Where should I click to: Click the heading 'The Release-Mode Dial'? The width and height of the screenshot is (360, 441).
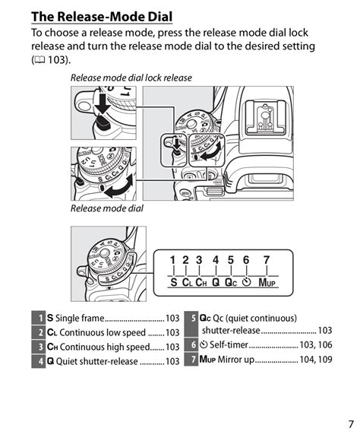pos(102,16)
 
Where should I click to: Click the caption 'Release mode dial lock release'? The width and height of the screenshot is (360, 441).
pos(131,78)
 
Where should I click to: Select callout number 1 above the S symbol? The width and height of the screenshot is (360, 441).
pos(172,261)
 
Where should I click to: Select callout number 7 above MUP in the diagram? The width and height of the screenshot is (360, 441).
pos(266,261)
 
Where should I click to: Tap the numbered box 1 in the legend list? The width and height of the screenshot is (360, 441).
pos(38,319)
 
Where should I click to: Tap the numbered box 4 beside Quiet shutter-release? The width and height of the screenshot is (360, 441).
pos(38,361)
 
